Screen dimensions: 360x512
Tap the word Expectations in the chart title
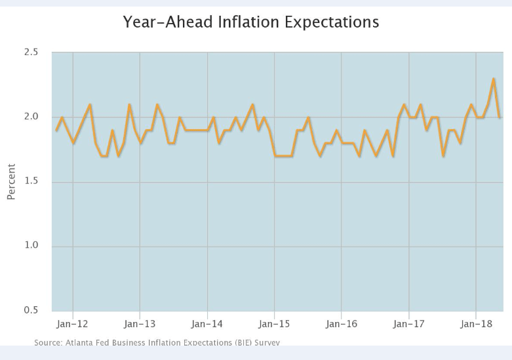[x=333, y=22]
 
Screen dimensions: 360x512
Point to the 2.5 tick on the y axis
[x=31, y=52]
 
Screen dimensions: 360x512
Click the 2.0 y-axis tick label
[x=31, y=117]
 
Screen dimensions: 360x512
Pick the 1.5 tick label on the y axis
[x=31, y=182]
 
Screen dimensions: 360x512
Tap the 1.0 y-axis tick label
[x=31, y=246]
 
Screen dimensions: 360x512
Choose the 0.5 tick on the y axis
[x=31, y=310]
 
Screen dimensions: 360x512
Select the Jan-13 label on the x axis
[x=140, y=324]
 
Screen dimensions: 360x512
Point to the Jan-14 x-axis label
[x=208, y=324]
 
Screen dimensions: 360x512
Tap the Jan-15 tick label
[x=275, y=324]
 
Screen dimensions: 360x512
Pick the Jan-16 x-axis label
[x=342, y=324]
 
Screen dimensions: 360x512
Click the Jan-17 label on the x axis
[x=409, y=324]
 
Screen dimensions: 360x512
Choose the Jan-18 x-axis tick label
[x=476, y=324]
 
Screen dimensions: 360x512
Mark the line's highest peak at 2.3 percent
[x=494, y=79]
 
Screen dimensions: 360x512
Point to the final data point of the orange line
[x=500, y=117]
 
